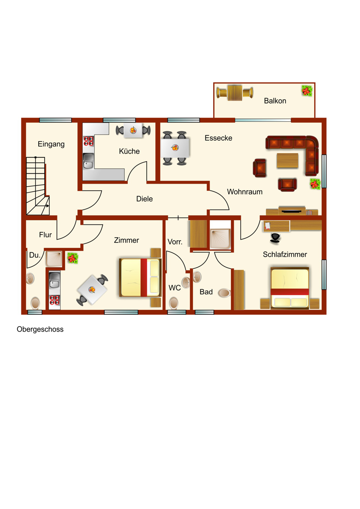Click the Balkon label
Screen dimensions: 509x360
(275, 101)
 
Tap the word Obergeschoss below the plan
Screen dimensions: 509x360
(40, 329)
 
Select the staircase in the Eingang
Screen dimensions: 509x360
(37, 185)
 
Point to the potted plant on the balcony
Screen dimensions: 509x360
(307, 90)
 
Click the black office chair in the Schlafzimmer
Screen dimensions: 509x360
(275, 238)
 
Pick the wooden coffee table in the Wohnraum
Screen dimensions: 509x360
(287, 160)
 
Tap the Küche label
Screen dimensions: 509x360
(129, 151)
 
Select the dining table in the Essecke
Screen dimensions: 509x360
(175, 148)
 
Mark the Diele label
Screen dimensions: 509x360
(144, 199)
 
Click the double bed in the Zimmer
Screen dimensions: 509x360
(140, 277)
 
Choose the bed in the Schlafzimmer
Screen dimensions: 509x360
(290, 288)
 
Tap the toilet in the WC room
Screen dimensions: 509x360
(174, 302)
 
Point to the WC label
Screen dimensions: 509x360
(174, 288)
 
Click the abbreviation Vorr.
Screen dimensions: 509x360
(175, 242)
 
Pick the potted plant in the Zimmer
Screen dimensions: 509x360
(73, 258)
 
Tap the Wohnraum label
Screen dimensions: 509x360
(245, 192)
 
